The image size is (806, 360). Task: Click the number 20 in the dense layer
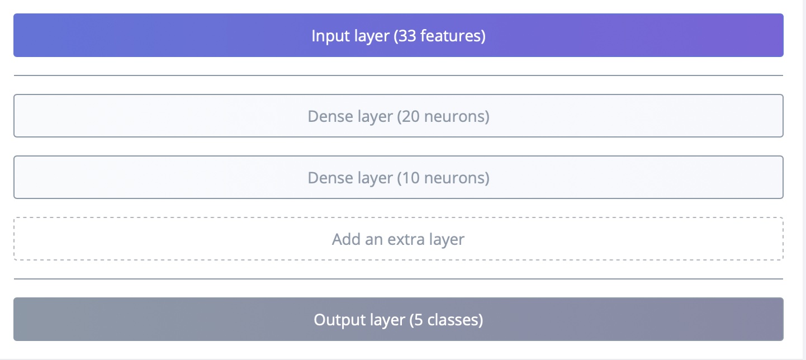pyautogui.click(x=410, y=117)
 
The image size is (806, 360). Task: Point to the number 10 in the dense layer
pyautogui.click(x=410, y=178)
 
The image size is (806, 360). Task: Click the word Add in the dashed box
pyautogui.click(x=344, y=240)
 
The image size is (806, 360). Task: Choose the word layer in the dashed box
pyautogui.click(x=447, y=240)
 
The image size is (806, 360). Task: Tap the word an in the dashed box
pyautogui.click(x=371, y=240)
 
